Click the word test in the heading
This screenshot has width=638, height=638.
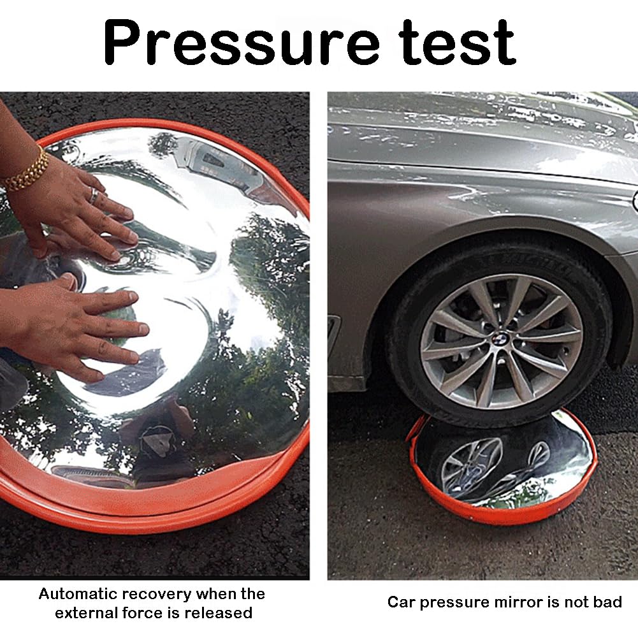(456, 42)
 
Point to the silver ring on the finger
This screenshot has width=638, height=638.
(94, 195)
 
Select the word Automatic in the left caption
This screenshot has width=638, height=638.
(78, 593)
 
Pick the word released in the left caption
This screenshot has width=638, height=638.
(219, 613)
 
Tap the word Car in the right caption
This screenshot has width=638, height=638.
(401, 602)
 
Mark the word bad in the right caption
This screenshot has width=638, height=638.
(607, 602)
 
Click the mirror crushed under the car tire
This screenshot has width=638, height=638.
(502, 468)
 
